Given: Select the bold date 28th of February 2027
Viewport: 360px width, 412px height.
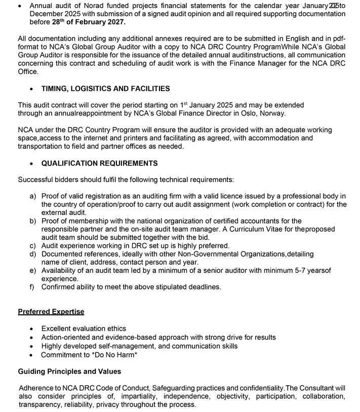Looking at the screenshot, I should pos(89,23).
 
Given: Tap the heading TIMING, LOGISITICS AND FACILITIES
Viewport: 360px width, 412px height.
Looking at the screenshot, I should pos(105,89).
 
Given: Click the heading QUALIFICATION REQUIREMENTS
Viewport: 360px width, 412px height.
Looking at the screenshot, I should pos(99,163).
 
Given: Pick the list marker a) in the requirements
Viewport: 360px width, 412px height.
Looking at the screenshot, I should pos(33,196).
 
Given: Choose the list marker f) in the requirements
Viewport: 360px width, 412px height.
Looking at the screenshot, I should pos(33,287).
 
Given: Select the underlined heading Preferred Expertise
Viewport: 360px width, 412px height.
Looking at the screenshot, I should pos(51,312).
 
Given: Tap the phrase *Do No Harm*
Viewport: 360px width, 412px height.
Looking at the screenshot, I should pos(114,355).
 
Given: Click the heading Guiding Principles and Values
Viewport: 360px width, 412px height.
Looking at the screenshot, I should pos(69,372).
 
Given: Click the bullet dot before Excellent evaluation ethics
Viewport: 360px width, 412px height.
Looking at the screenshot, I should pos(32,329).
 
